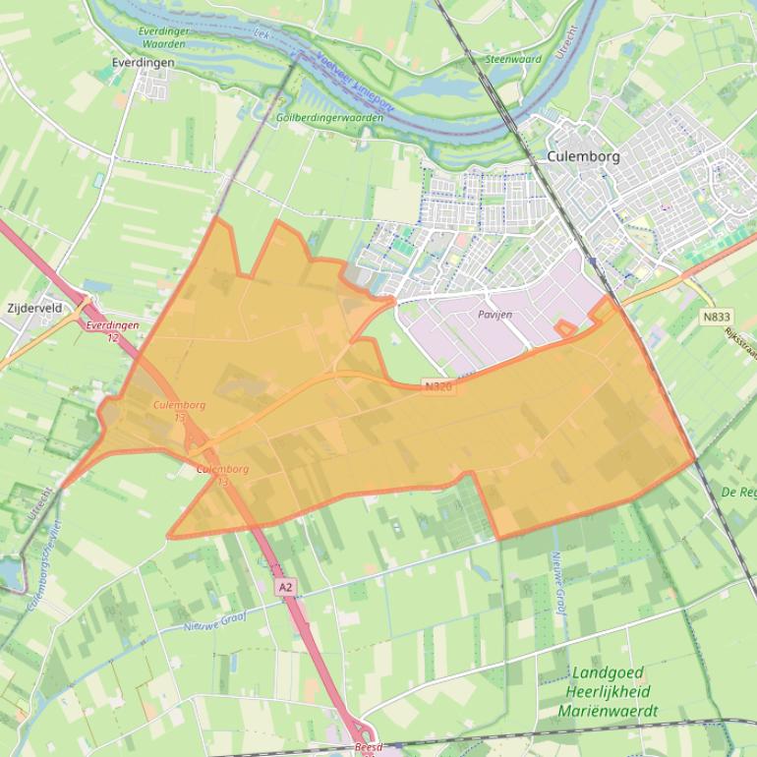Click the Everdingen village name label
point(144,62)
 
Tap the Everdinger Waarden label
point(163,37)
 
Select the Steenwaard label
point(513,59)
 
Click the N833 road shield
point(717,317)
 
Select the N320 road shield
point(439,387)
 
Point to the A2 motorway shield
point(285,587)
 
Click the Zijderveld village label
point(34,308)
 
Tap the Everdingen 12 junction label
point(112,330)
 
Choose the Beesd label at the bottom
point(367,747)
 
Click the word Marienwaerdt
point(607,711)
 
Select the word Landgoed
point(607,673)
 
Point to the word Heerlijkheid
point(607,692)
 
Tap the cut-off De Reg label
point(738,492)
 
